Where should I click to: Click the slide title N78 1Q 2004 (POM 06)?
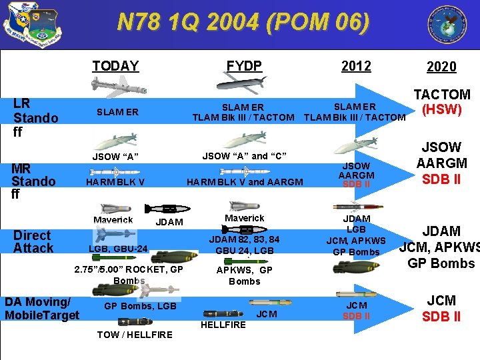[243, 22]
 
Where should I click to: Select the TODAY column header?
[115, 65]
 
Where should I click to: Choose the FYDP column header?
[244, 65]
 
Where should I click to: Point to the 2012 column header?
[356, 65]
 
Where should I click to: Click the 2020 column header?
[441, 66]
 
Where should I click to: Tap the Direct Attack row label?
[33, 241]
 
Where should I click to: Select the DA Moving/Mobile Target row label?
[42, 308]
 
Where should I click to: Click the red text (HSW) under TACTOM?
[442, 109]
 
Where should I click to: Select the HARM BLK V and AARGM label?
[245, 182]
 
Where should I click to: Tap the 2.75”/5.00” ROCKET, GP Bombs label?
[129, 275]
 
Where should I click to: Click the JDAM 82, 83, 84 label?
[245, 239]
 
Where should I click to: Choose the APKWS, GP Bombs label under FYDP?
[245, 275]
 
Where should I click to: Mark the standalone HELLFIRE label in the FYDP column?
[223, 325]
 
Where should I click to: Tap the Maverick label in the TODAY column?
[113, 219]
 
